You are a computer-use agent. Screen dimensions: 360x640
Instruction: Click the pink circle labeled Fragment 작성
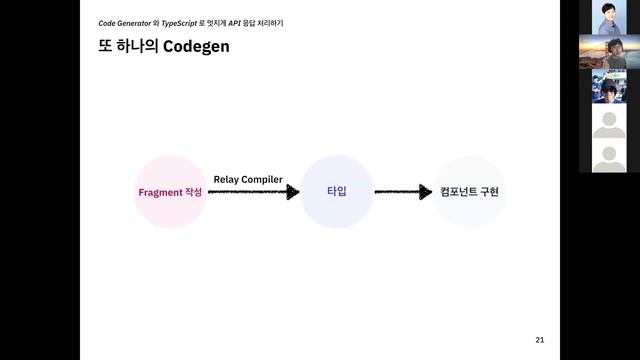(x=170, y=191)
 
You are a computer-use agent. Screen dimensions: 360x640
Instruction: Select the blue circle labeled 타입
(x=336, y=191)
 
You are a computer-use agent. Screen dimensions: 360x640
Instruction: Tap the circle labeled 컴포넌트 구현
(x=469, y=191)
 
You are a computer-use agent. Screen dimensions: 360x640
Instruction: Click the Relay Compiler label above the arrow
(x=248, y=179)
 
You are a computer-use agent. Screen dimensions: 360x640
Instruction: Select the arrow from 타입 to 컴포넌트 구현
(x=403, y=192)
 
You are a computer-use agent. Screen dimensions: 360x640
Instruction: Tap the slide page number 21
(x=541, y=338)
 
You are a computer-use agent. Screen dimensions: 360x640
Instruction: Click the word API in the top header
(x=236, y=22)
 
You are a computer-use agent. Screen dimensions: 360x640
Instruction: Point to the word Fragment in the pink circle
(x=160, y=191)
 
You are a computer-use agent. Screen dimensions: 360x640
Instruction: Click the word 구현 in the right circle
(x=488, y=191)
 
